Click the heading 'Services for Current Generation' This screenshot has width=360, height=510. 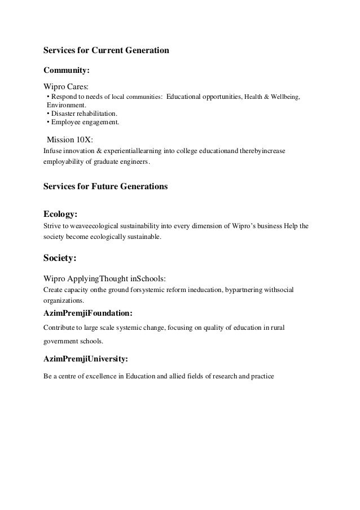pyautogui.click(x=106, y=50)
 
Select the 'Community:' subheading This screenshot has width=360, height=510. pyautogui.click(x=67, y=71)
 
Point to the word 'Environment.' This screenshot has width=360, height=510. pyautogui.click(x=67, y=105)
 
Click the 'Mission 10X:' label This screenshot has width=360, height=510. pyautogui.click(x=69, y=138)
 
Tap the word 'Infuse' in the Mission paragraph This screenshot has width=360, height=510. pyautogui.click(x=53, y=151)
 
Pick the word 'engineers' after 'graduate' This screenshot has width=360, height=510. pyautogui.click(x=134, y=163)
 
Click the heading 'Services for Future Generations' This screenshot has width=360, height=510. pyautogui.click(x=106, y=186)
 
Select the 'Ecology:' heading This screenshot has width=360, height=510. pyautogui.click(x=60, y=214)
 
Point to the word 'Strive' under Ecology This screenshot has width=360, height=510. pyautogui.click(x=52, y=226)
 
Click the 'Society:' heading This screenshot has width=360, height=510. pyautogui.click(x=60, y=259)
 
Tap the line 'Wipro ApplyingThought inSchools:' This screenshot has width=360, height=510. pyautogui.click(x=104, y=278)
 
